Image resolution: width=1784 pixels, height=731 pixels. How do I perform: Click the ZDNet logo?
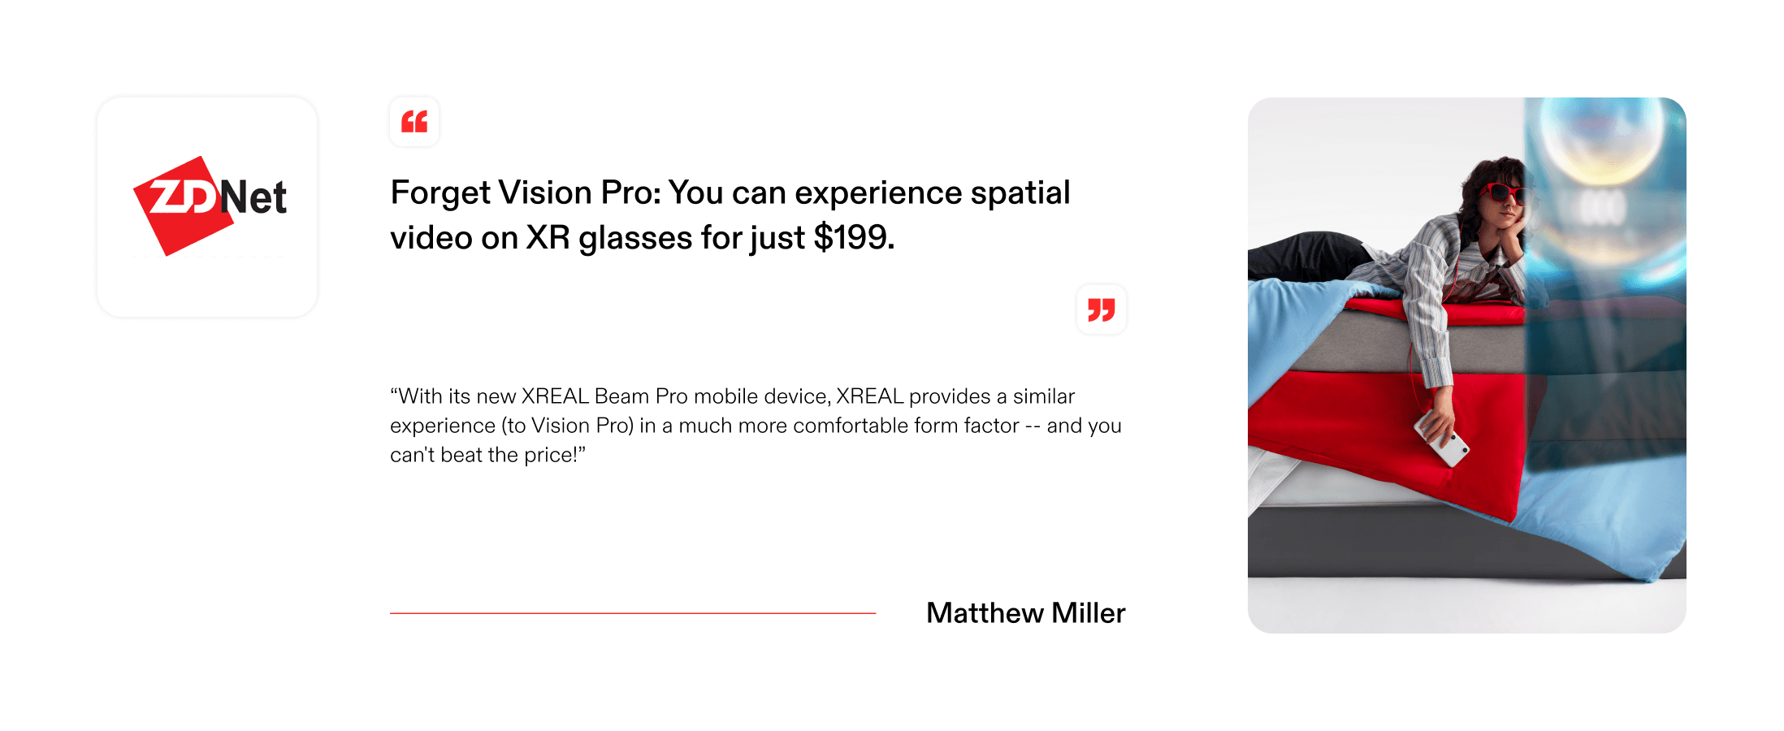click(210, 205)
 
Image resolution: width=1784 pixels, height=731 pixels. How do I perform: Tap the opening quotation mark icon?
click(414, 122)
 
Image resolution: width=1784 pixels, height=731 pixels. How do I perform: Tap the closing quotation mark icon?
click(1102, 309)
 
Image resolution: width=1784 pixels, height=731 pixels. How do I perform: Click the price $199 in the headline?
click(853, 237)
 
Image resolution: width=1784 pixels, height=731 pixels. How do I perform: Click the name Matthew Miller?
click(1026, 613)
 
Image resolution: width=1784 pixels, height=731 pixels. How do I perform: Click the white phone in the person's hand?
click(1442, 439)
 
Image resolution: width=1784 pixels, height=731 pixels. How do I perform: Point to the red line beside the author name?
click(633, 613)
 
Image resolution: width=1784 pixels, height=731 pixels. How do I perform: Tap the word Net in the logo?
click(253, 197)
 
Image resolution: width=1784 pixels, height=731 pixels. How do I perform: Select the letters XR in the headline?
click(548, 238)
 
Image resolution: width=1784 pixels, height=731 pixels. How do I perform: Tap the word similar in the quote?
click(1044, 396)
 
